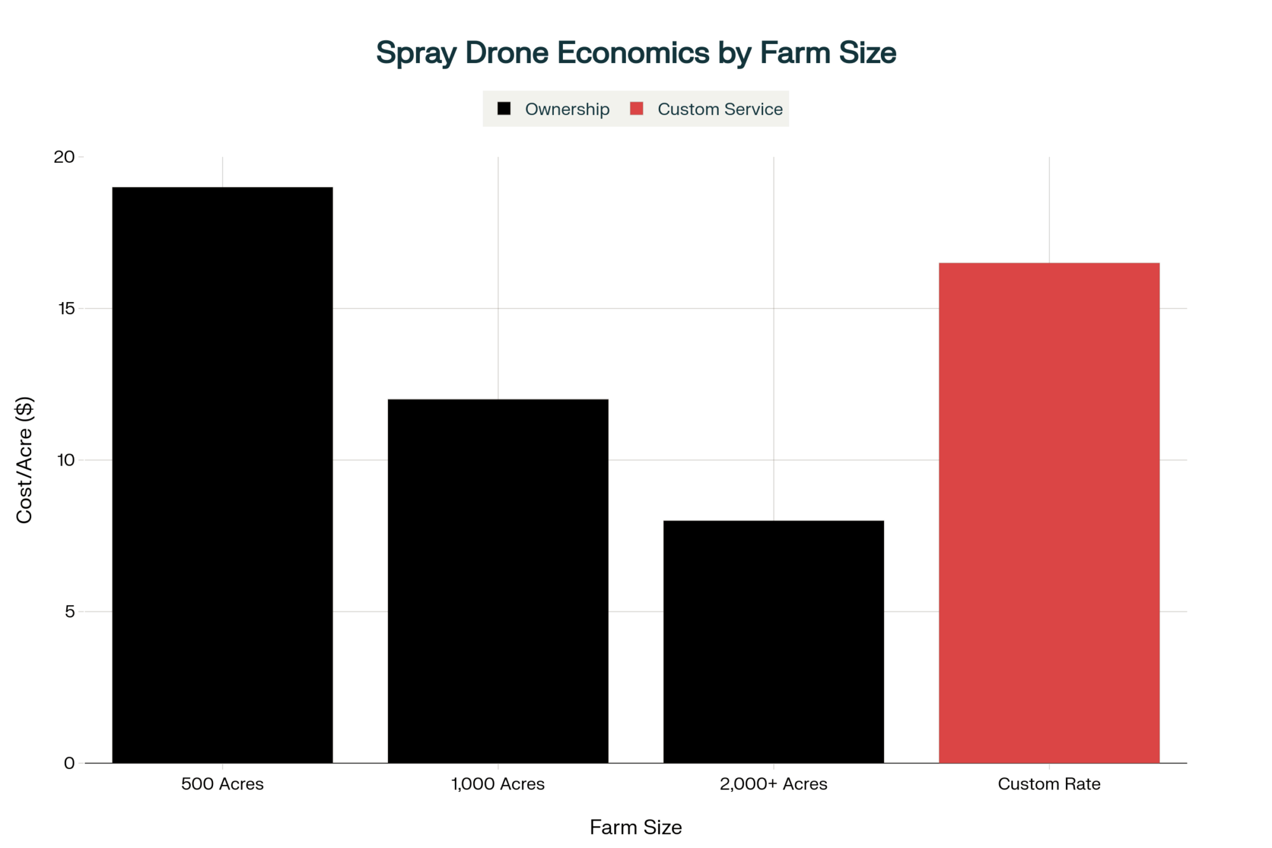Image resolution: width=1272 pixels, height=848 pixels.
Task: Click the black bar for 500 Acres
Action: point(223,475)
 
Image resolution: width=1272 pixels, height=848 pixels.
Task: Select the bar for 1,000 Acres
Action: point(498,581)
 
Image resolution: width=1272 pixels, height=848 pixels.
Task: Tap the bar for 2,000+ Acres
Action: point(773,641)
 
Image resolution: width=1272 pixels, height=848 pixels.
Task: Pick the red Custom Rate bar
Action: point(1049,513)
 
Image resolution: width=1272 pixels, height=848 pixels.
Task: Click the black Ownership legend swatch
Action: point(504,109)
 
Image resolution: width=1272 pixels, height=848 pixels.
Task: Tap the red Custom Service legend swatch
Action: point(637,109)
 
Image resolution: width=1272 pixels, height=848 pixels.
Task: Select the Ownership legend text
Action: point(567,109)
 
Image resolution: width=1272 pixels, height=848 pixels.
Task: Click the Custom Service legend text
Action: point(720,109)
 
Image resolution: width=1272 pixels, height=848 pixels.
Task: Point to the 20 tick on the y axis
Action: point(64,157)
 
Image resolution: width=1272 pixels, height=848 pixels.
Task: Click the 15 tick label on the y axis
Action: point(66,309)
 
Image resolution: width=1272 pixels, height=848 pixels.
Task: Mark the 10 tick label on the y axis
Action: point(66,460)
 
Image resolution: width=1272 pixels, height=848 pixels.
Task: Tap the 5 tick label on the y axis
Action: point(69,611)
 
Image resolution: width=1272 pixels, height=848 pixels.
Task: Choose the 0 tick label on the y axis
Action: point(69,763)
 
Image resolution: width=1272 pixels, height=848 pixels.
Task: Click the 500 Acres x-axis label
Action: point(223,784)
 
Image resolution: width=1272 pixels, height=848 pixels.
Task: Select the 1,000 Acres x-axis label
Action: point(498,784)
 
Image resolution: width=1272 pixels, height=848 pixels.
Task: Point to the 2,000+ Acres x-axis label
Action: point(773,784)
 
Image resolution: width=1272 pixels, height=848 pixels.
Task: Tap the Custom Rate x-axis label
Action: point(1049,784)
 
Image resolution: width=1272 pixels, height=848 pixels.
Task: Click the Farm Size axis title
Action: point(635,827)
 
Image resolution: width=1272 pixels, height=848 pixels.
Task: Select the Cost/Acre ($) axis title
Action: point(24,460)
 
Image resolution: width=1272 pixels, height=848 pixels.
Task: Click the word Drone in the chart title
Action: point(507,53)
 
